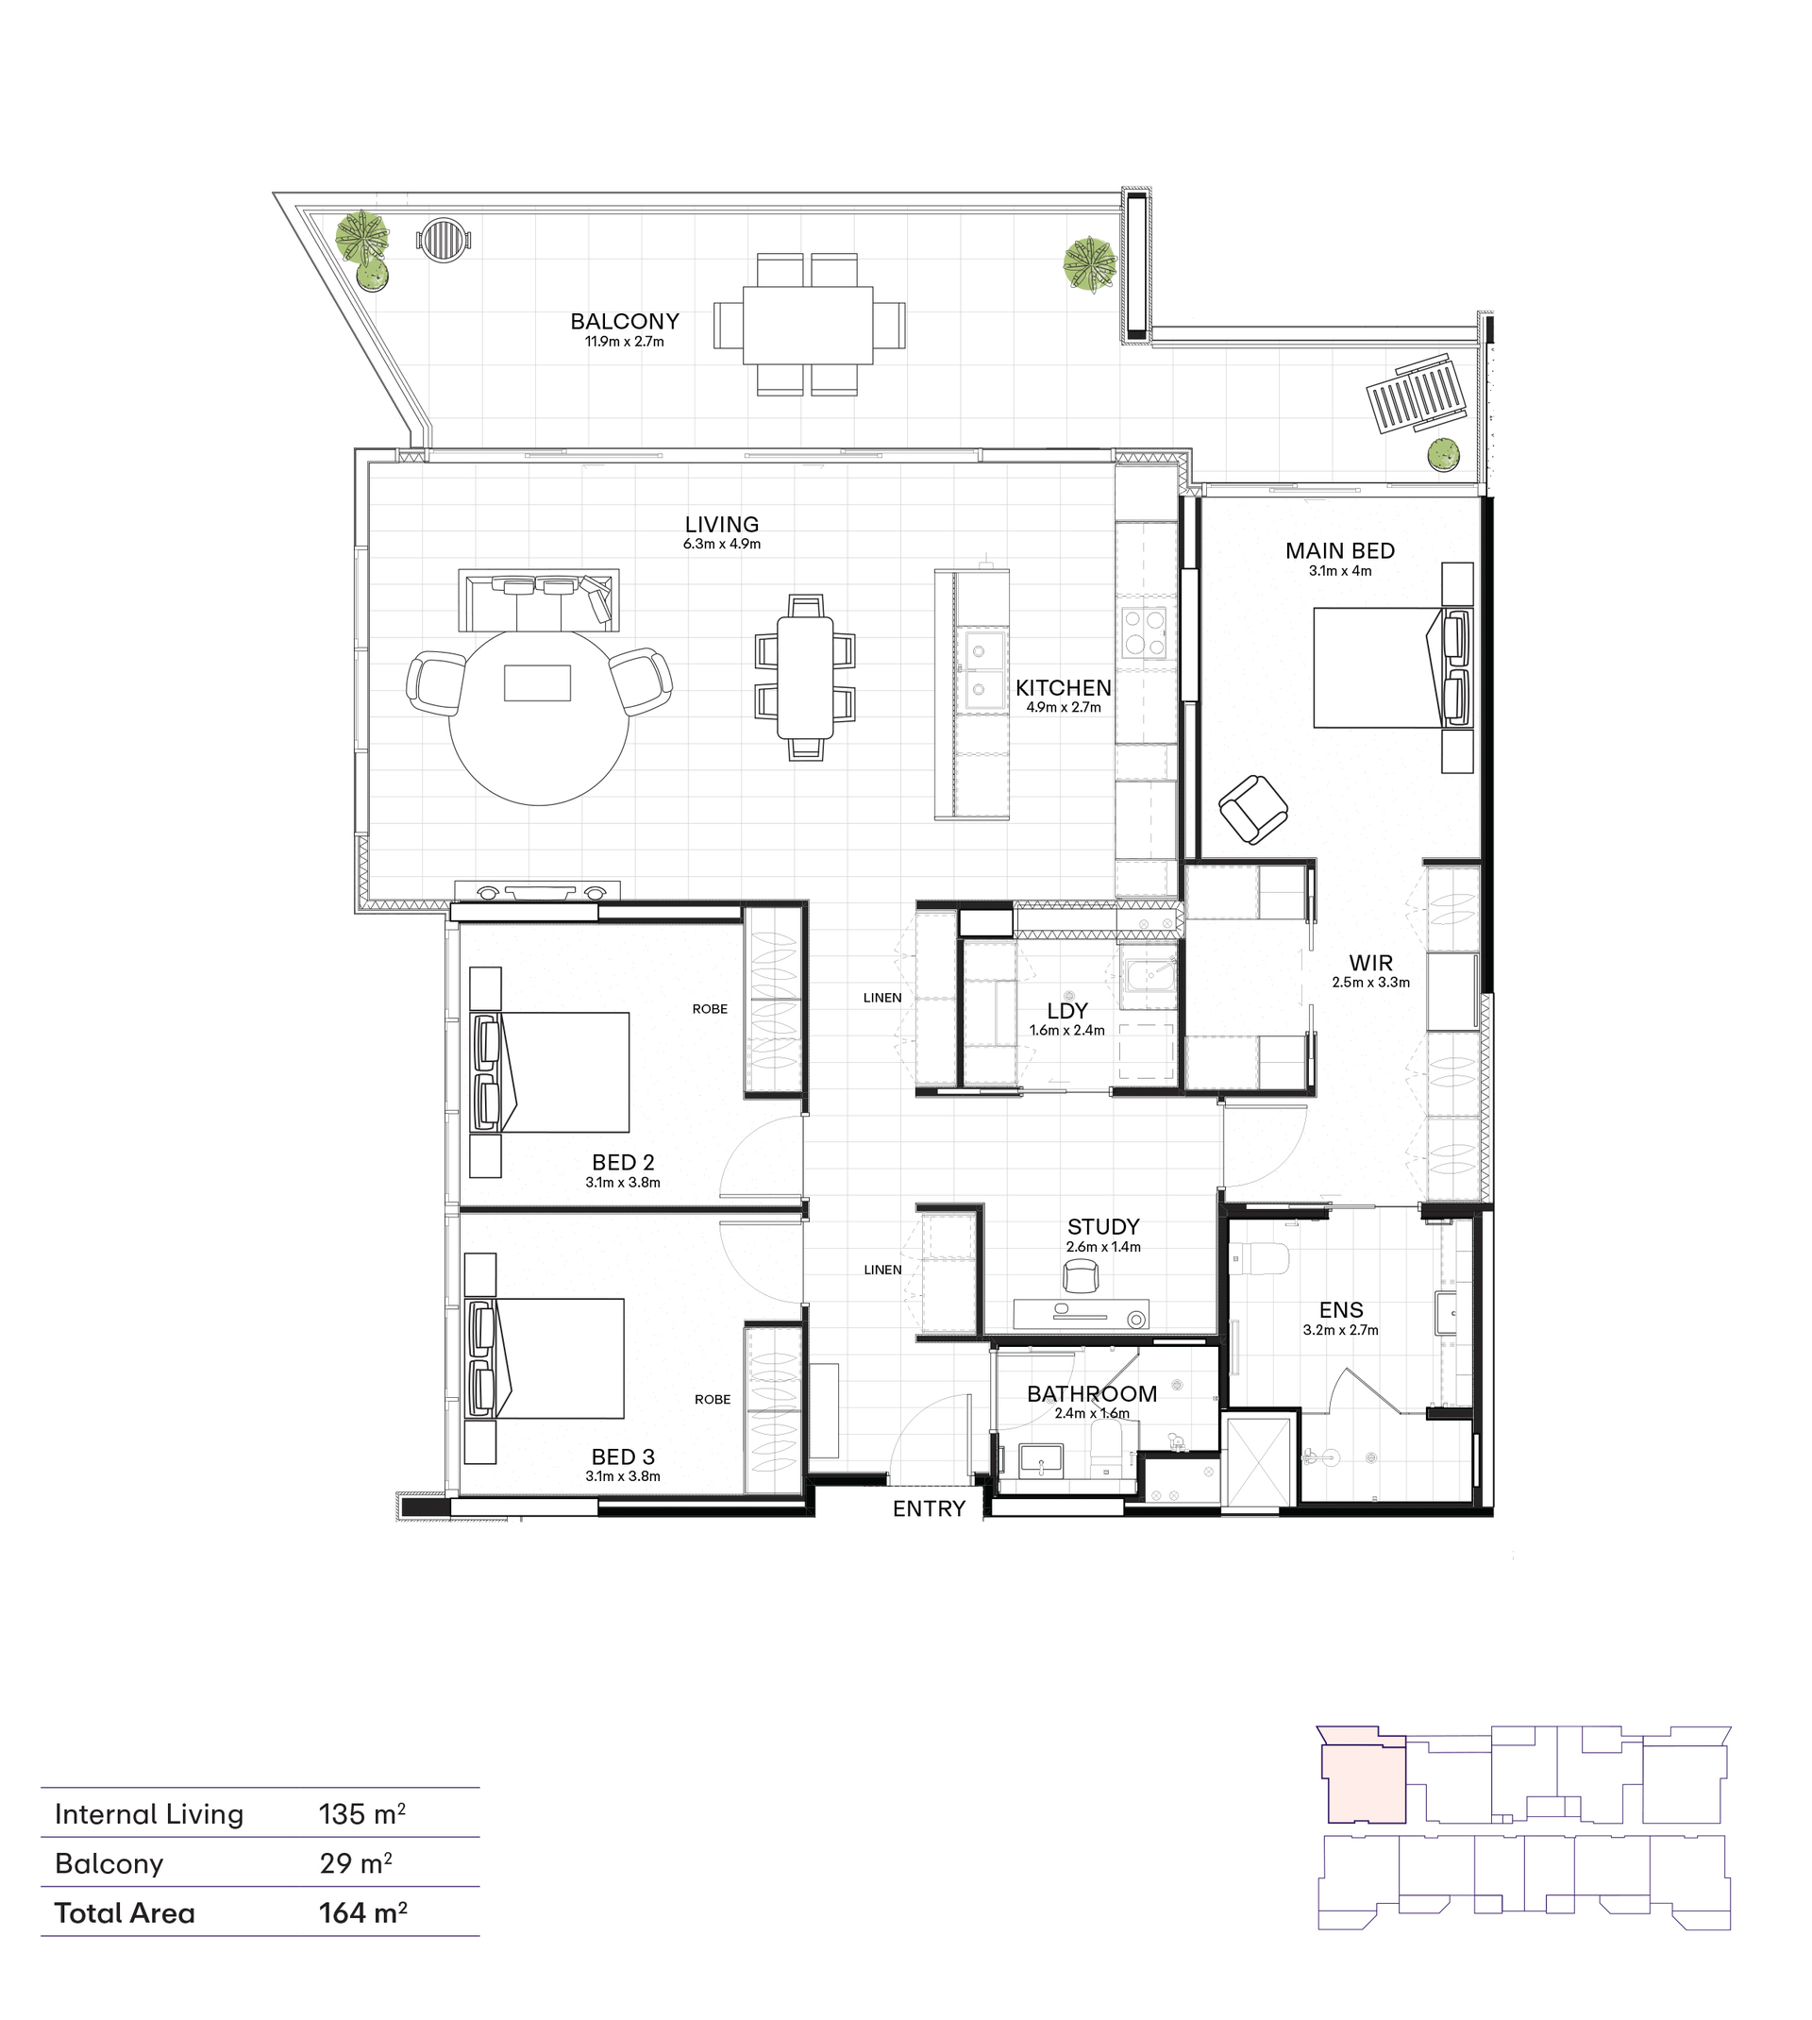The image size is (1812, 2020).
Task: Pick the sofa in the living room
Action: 539,599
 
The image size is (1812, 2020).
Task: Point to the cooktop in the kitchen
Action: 1144,633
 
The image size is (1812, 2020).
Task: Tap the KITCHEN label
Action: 1064,688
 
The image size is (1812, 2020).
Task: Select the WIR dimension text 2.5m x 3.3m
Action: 1371,983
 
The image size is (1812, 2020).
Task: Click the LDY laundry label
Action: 1067,1011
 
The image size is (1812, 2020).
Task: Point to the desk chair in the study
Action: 1082,1276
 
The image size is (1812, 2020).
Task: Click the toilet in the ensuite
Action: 1261,1259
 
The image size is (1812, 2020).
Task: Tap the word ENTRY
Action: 929,1508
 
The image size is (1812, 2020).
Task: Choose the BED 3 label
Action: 623,1456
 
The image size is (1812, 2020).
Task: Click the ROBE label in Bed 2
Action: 710,1008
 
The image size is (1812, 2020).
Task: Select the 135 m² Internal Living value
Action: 362,1814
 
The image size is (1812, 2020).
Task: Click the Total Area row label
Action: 125,1912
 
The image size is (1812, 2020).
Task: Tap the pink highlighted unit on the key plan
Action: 1362,1778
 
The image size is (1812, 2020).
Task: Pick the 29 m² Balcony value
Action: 356,1862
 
